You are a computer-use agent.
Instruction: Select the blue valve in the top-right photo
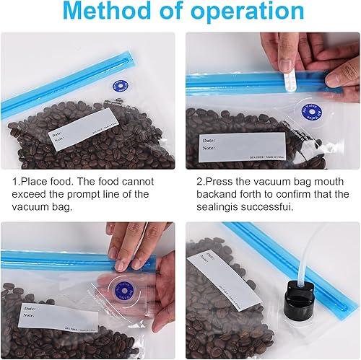click(x=311, y=112)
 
